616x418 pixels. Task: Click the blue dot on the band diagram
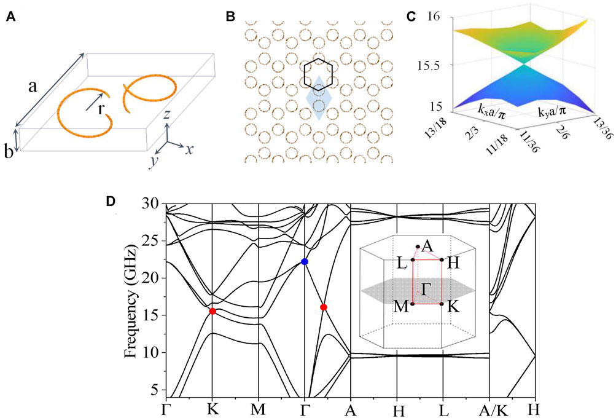coord(305,262)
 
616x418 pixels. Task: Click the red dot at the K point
coord(212,311)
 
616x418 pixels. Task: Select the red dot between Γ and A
coord(324,307)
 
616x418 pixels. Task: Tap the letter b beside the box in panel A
coord(10,151)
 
